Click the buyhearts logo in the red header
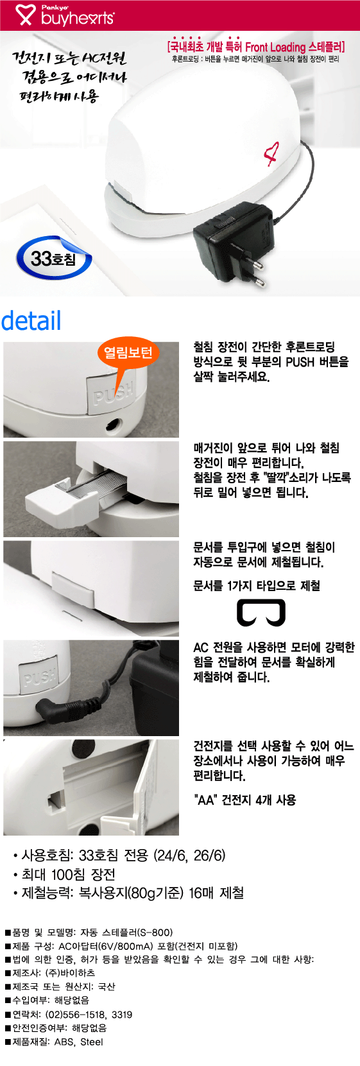coord(65,15)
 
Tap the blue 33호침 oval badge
coord(53,259)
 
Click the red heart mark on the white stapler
coord(271,154)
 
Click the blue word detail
coord(31,321)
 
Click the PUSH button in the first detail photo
coord(111,393)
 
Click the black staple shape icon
coord(261,612)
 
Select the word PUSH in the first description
coord(300,362)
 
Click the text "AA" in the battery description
coord(205,800)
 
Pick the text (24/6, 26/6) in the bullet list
coord(189,855)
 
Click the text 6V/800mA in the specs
coord(128,945)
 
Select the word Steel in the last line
coord(91,1042)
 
